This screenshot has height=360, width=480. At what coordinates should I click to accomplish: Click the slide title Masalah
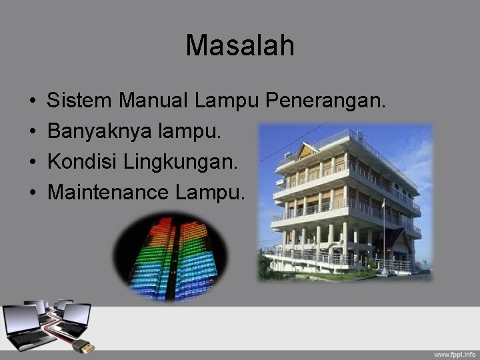(240, 46)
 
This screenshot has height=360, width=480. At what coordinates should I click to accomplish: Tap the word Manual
(153, 101)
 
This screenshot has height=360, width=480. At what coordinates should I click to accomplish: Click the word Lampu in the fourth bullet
(210, 193)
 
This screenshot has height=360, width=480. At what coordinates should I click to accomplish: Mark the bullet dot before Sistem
(32, 102)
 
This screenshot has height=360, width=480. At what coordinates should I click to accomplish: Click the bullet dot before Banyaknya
(32, 132)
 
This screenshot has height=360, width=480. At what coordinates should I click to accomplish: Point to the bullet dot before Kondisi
(32, 163)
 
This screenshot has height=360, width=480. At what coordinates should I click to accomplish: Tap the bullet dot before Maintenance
(32, 193)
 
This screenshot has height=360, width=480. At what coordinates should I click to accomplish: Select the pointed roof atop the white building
(307, 149)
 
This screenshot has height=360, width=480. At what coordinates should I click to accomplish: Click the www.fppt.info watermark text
(455, 353)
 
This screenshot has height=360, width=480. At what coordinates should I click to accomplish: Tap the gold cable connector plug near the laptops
(85, 346)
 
